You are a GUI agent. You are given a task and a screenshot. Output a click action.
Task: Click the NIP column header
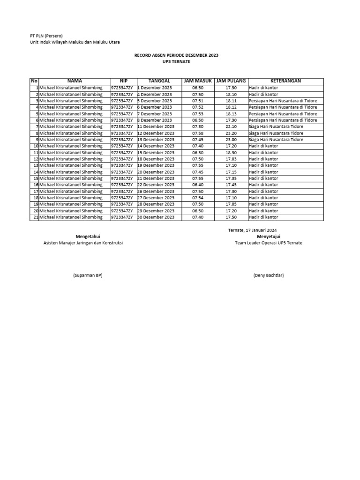[x=123, y=81]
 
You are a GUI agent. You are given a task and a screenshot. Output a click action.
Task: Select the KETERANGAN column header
[x=285, y=81]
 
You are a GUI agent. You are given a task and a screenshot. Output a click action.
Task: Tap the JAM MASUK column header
[x=198, y=81]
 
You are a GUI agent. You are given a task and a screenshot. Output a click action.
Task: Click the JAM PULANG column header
[x=231, y=81]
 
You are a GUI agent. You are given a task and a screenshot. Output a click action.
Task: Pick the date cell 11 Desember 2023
[x=156, y=127]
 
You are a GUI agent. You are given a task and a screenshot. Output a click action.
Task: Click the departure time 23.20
[x=231, y=133]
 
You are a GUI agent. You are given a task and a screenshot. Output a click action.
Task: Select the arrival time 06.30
[x=198, y=152]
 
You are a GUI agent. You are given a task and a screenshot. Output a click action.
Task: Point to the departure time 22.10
[x=231, y=127]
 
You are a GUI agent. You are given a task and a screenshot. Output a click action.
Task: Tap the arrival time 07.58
[x=198, y=133]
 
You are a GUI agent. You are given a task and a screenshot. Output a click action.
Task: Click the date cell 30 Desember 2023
[x=156, y=217]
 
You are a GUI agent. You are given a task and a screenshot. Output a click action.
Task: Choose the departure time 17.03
[x=231, y=159]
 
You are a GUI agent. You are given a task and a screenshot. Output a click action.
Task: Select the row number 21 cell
[x=35, y=217]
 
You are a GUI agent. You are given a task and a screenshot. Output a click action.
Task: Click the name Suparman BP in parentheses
[x=88, y=275]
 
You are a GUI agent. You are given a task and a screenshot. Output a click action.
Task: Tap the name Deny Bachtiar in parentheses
[x=269, y=275]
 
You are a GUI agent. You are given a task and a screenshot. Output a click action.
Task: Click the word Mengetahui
[x=88, y=236]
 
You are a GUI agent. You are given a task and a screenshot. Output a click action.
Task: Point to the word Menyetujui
[x=269, y=236]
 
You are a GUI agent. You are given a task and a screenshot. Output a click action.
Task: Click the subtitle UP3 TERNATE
[x=176, y=61]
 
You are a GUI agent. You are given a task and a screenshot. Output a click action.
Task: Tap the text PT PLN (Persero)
[x=43, y=36]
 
